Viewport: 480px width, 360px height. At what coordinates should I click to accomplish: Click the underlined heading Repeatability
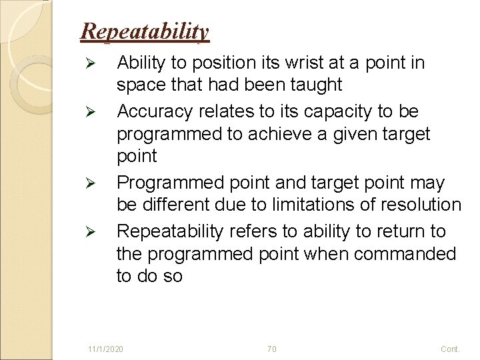pos(145,31)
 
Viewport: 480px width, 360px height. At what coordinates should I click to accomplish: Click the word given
pos(351,134)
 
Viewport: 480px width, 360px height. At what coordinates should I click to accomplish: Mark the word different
pos(176,205)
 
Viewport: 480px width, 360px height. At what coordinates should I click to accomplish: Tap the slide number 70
pos(271,349)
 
